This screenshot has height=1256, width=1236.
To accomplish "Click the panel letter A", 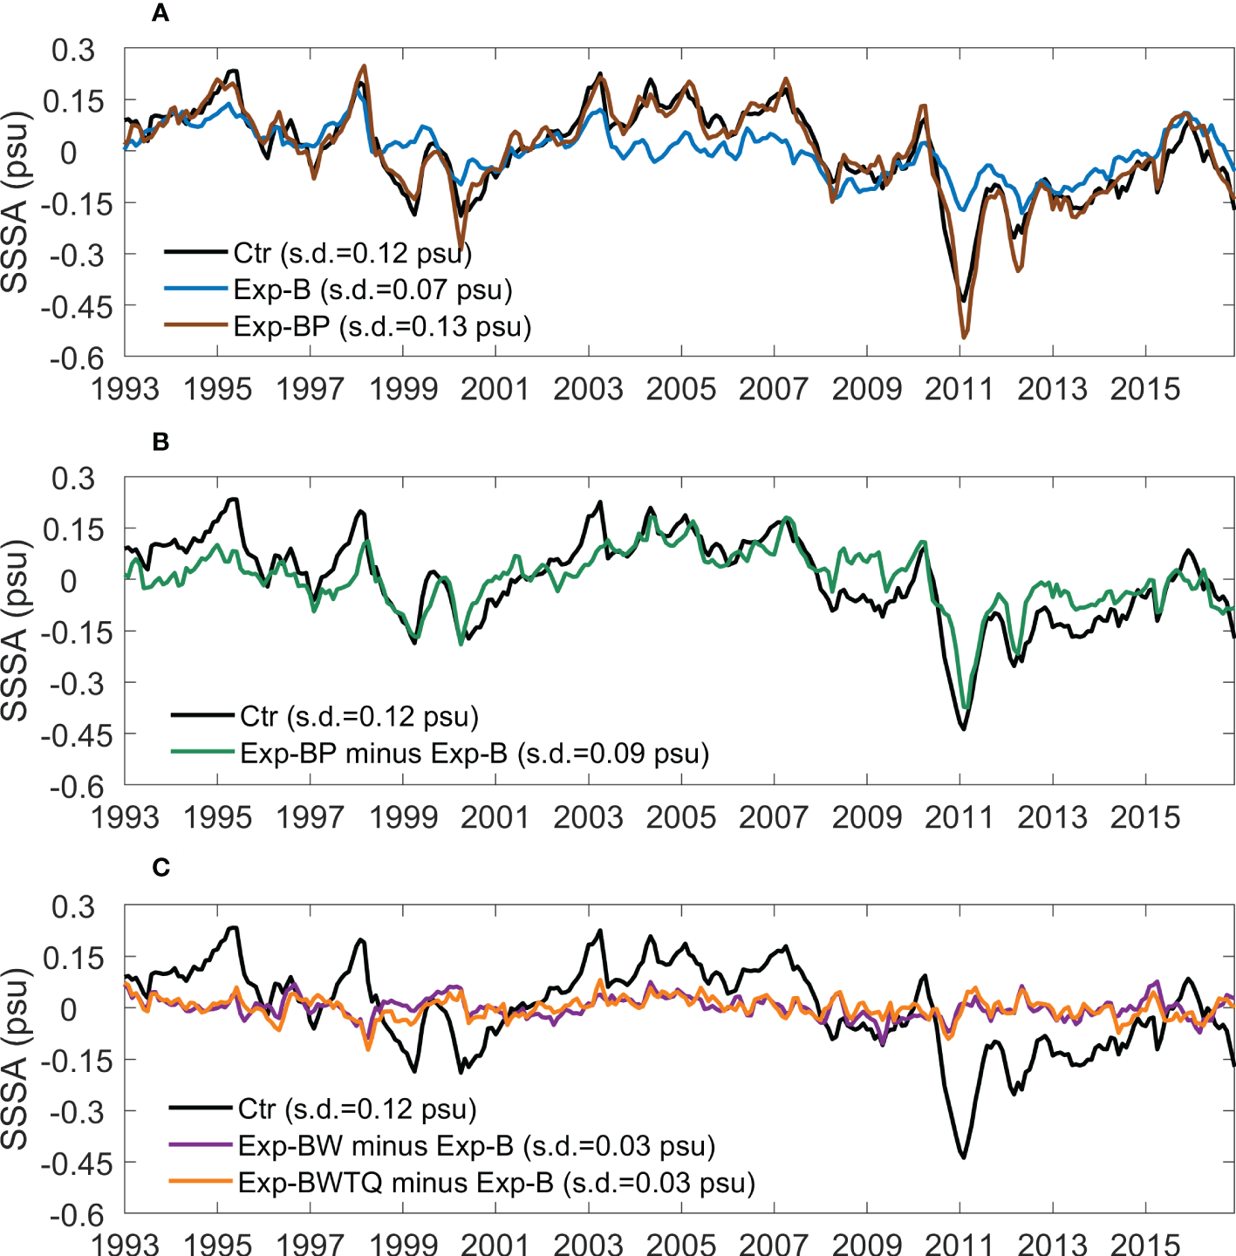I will (x=160, y=13).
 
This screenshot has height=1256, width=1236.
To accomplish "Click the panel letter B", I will (x=160, y=441).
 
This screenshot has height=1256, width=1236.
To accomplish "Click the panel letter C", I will (x=160, y=868).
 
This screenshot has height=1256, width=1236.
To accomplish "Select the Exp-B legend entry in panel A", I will (x=372, y=290).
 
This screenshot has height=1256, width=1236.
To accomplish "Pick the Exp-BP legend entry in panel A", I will (x=382, y=326).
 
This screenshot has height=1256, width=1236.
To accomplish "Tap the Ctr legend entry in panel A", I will (x=352, y=253).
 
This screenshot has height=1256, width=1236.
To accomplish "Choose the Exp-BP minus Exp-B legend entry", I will (x=474, y=753).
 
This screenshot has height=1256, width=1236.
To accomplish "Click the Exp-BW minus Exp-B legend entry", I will (x=476, y=1145).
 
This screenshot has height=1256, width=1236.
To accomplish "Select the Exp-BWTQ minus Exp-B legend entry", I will (x=496, y=1182).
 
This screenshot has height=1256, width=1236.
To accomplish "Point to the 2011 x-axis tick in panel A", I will (x=959, y=388).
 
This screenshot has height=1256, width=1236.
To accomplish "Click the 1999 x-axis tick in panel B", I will (x=403, y=817).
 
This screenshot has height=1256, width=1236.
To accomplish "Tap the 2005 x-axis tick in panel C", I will (x=681, y=1244).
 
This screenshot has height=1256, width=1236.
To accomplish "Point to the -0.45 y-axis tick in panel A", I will (x=77, y=307).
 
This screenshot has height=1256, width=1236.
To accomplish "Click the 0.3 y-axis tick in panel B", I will (x=73, y=478).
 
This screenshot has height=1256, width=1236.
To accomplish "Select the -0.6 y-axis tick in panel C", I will (x=77, y=1215).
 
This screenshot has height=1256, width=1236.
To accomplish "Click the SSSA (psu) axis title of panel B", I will (x=16, y=631).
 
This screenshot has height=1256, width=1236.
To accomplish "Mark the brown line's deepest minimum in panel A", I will (x=964, y=337).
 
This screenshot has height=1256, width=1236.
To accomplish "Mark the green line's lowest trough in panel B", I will (x=965, y=708).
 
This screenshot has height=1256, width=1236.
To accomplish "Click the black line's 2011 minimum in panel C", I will (x=964, y=1157).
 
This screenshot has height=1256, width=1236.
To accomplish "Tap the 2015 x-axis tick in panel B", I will (x=1145, y=817).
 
